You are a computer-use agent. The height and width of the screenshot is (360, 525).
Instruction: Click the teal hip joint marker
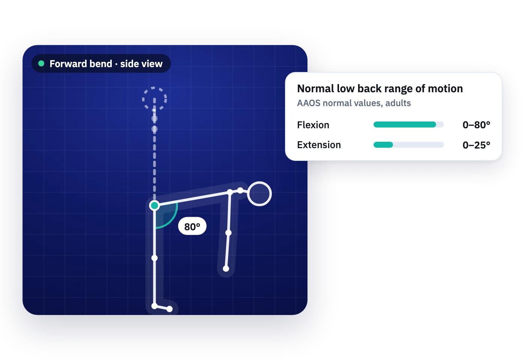(x=154, y=205)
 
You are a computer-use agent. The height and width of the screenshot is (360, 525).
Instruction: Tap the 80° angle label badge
(x=192, y=226)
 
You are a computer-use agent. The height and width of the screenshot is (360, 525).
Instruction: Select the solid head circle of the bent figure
(x=259, y=194)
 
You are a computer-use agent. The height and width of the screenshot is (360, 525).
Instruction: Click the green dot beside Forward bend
(x=41, y=63)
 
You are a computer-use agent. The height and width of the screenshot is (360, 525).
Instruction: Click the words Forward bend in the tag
(x=81, y=64)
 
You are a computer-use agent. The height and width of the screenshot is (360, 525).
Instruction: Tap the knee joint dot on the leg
(x=154, y=258)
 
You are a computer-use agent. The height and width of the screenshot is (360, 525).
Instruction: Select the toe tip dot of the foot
(x=169, y=309)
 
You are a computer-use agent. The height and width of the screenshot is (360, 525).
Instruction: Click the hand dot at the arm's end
(x=226, y=269)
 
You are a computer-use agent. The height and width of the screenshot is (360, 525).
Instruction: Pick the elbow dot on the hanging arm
(x=228, y=233)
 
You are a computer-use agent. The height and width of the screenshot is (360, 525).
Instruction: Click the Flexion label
(x=313, y=125)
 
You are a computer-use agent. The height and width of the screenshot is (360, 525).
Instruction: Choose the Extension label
(x=319, y=145)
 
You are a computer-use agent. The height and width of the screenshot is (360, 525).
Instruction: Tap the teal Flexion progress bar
(x=405, y=124)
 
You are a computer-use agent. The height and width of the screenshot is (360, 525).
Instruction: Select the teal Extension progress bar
(x=383, y=145)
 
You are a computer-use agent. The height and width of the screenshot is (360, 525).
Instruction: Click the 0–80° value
(x=477, y=125)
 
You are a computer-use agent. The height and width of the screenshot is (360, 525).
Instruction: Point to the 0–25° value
(x=477, y=145)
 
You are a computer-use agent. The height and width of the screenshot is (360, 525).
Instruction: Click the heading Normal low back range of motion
(x=380, y=89)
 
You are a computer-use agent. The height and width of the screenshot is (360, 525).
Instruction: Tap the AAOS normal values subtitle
(x=354, y=103)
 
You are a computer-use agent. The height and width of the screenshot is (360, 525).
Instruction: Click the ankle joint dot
(x=154, y=306)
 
